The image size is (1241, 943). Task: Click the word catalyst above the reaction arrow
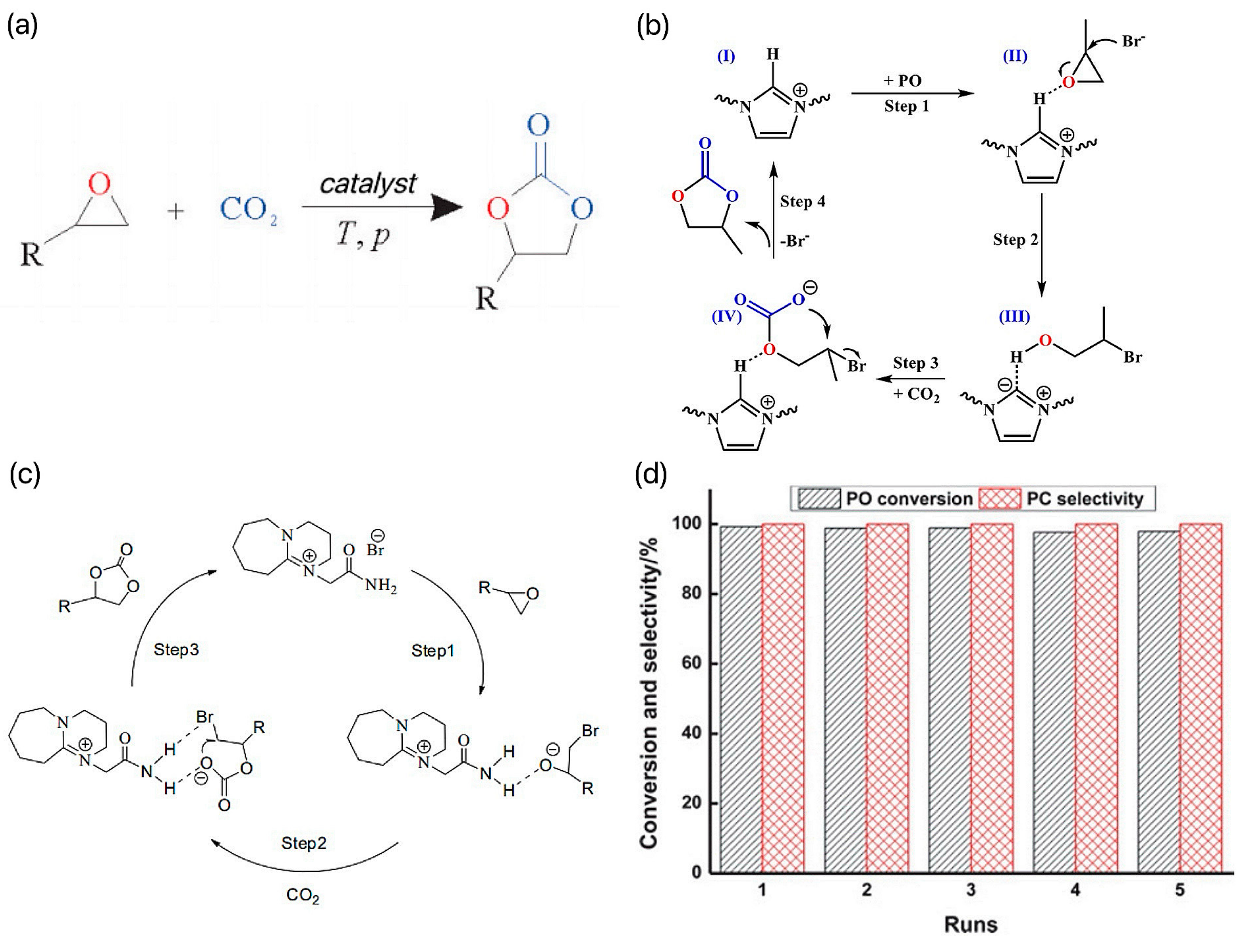coord(368,184)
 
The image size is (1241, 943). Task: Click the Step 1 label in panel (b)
coord(907,106)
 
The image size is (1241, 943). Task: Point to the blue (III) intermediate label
coord(1014,317)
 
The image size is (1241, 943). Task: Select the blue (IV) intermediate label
coord(727,317)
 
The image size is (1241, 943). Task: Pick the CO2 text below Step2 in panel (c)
coord(302,895)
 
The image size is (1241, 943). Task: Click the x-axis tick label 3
coord(970,890)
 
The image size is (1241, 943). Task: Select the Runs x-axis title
coord(970,924)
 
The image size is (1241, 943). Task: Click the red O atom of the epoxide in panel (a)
coord(100,184)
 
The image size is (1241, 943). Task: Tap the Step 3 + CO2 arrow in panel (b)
coord(912,379)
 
